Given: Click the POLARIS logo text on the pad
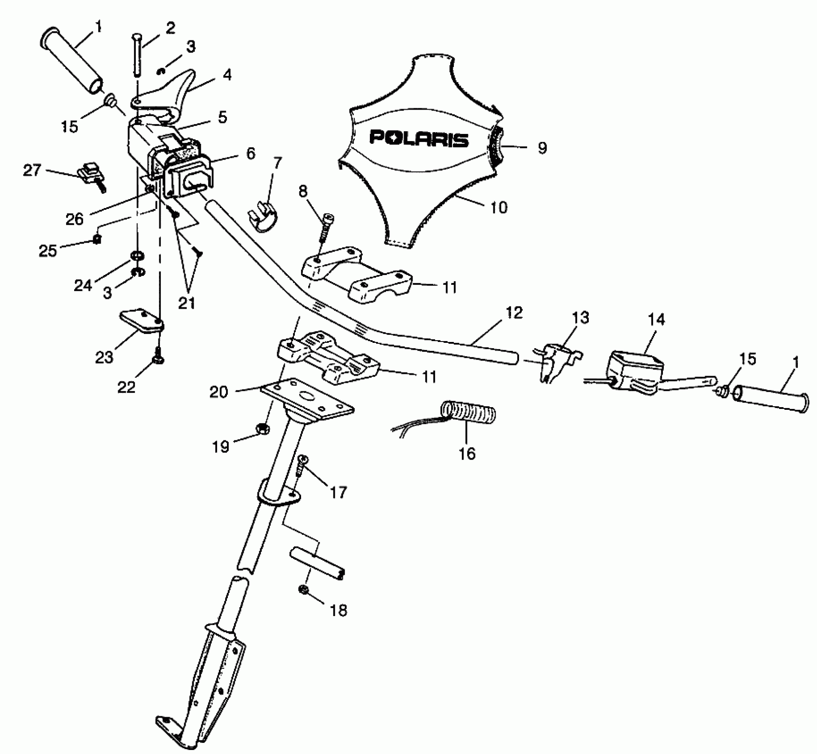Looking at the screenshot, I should coord(419,138).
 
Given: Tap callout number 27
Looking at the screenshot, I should coord(32,170).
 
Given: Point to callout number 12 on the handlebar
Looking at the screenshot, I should coord(514,313).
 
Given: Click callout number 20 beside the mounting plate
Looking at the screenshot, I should coord(218,392).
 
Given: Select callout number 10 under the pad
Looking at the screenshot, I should coord(499,207).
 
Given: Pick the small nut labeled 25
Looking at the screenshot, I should coord(96,240).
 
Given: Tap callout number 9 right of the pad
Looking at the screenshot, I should coord(542,148).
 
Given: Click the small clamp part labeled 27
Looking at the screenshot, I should coord(91,174).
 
